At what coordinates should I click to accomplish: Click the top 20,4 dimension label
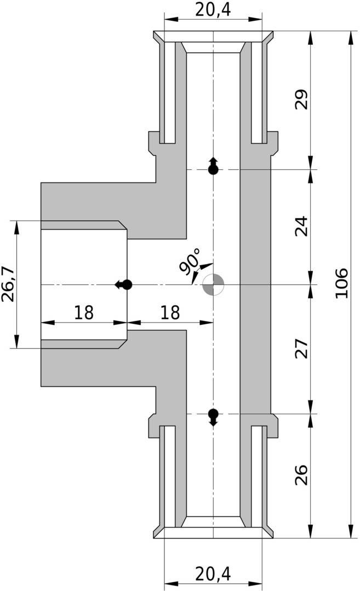pyautogui.click(x=213, y=10)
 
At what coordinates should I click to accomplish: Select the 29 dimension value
pyautogui.click(x=302, y=99)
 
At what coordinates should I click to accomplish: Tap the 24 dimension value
pyautogui.click(x=302, y=226)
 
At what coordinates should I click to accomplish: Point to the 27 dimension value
pyautogui.click(x=302, y=349)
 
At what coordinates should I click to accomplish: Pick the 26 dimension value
pyautogui.click(x=302, y=475)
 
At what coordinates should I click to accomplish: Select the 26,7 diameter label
pyautogui.click(x=8, y=284)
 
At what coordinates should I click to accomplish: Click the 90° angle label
pyautogui.click(x=190, y=262)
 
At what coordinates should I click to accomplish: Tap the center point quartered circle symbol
pyautogui.click(x=213, y=285)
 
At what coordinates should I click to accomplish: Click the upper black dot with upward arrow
pyautogui.click(x=213, y=167)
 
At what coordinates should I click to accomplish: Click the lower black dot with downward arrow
pyautogui.click(x=213, y=416)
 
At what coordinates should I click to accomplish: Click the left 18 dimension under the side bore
pyautogui.click(x=84, y=313)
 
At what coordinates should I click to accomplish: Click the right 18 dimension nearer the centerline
pyautogui.click(x=170, y=313)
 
